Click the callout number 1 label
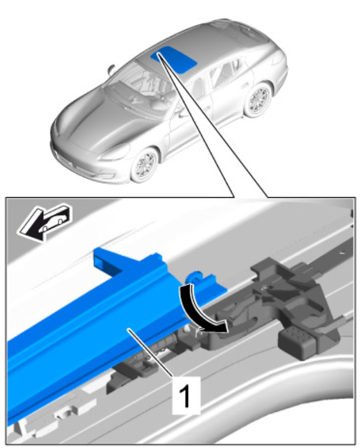186,396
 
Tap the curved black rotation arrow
197,312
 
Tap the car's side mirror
110,69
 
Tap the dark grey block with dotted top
296,343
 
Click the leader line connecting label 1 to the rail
150,353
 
